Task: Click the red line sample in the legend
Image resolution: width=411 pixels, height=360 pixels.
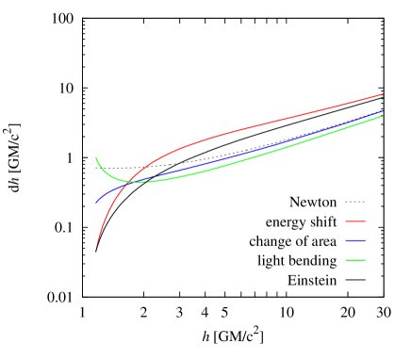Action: point(355,221)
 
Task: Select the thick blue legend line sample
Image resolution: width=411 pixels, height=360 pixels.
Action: point(355,240)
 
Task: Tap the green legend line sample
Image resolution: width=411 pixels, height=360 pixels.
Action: point(355,260)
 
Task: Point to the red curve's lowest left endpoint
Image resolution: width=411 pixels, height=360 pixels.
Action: point(96,251)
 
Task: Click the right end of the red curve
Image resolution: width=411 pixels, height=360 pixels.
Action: point(383,94)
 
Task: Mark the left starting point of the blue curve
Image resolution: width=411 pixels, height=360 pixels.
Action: point(96,202)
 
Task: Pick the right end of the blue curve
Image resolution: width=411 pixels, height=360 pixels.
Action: point(383,111)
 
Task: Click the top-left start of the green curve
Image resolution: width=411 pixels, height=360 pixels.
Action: point(96,157)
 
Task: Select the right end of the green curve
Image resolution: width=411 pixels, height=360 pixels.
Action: point(383,116)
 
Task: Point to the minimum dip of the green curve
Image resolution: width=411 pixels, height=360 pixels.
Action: point(138,181)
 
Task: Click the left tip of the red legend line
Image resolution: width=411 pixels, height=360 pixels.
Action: point(346,221)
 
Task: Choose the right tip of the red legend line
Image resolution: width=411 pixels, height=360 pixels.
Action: point(365,221)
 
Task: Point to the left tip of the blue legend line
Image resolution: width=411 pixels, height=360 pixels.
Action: point(346,240)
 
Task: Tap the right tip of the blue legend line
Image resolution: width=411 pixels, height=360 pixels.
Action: point(365,240)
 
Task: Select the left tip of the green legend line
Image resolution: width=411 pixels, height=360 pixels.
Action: point(346,260)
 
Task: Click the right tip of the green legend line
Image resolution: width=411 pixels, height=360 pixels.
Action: point(365,260)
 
